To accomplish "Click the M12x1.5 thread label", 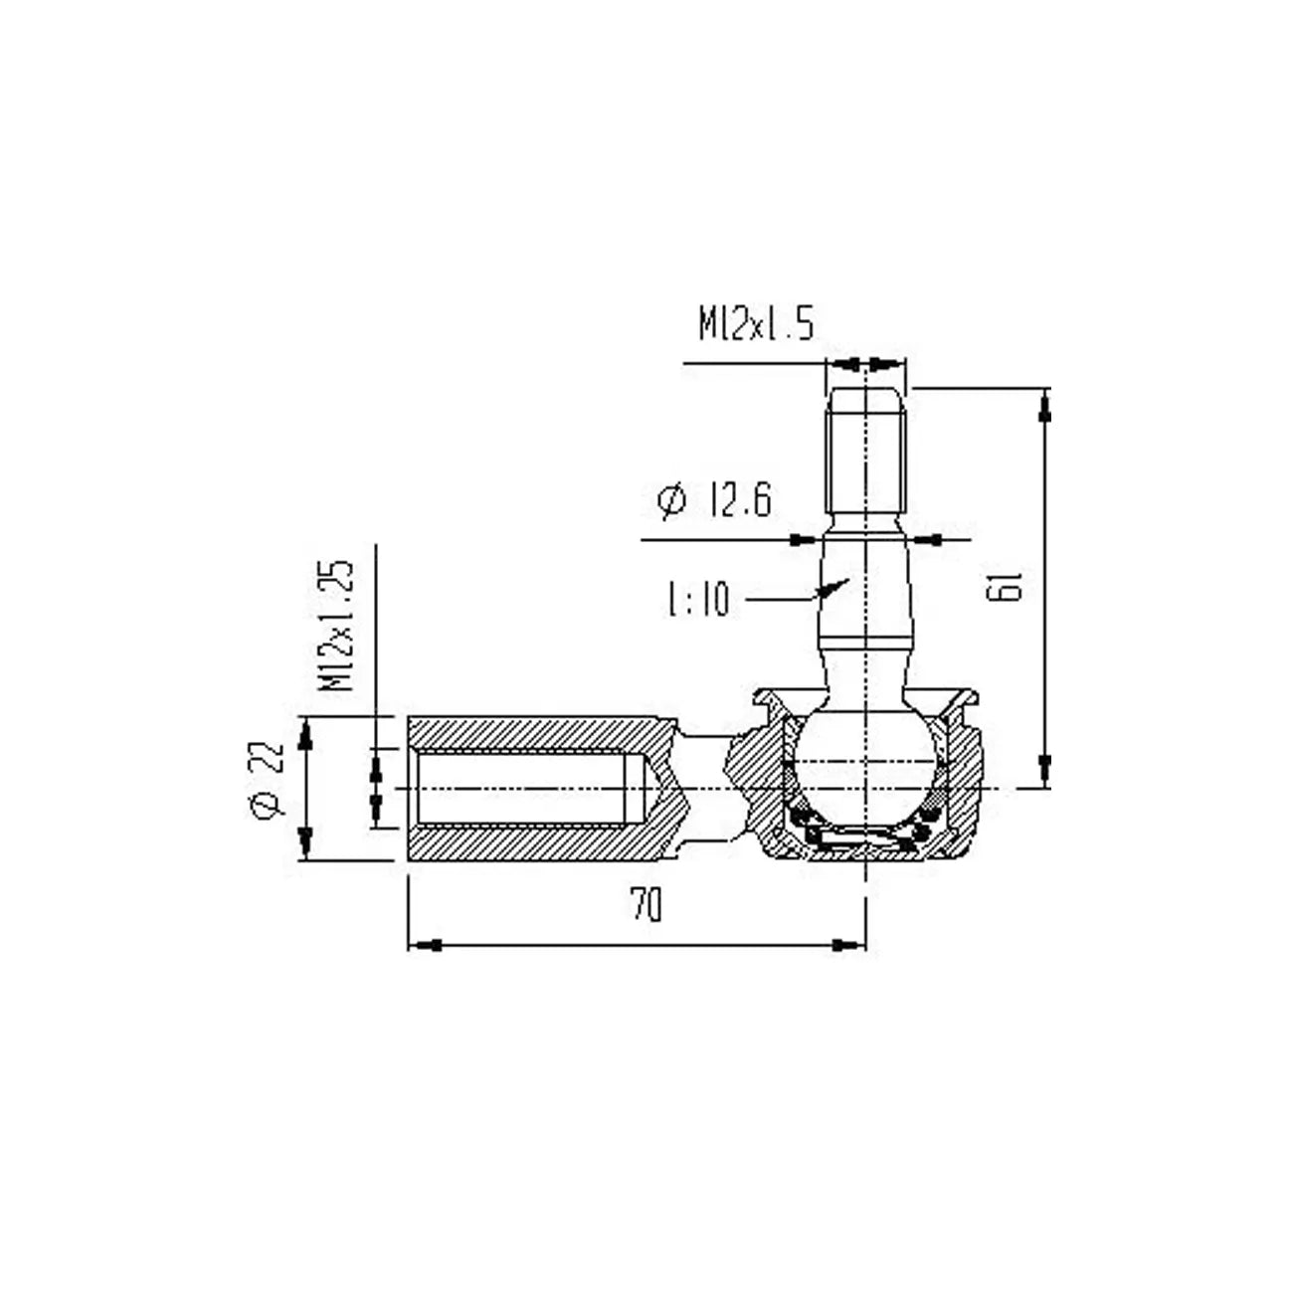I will [x=756, y=324].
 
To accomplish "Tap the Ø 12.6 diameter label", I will [x=714, y=500].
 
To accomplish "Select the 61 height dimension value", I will [x=1006, y=588].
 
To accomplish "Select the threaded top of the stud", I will [x=866, y=448].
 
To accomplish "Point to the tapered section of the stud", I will [x=866, y=587].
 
